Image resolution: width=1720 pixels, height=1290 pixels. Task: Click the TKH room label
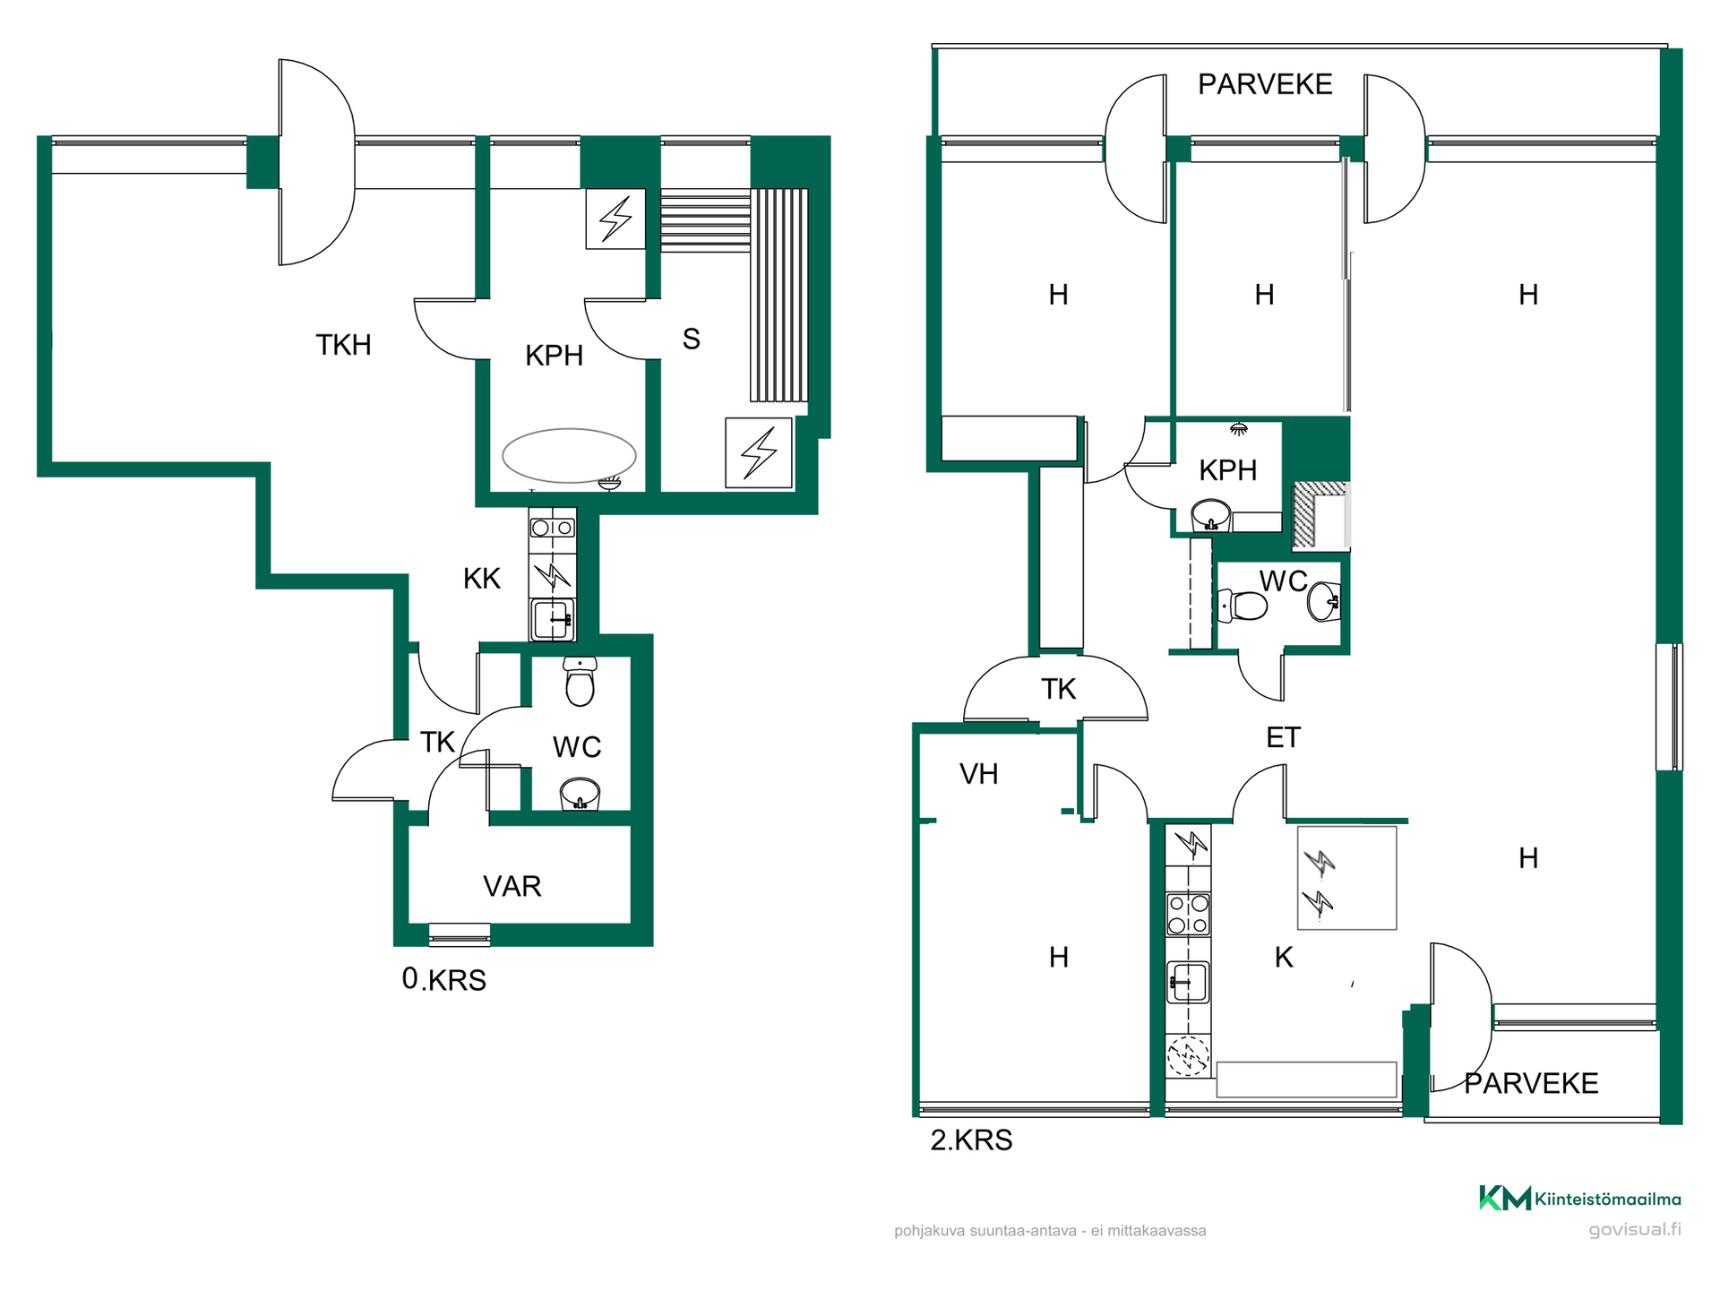click(343, 345)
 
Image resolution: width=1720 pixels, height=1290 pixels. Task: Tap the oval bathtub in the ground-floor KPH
click(569, 455)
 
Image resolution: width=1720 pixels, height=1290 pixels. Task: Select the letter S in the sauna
click(691, 339)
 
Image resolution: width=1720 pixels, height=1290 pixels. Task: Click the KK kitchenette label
click(482, 579)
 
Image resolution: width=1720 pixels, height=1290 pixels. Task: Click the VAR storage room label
click(512, 886)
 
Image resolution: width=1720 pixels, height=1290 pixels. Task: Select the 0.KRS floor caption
click(443, 979)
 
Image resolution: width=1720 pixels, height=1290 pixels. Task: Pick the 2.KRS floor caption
click(971, 1139)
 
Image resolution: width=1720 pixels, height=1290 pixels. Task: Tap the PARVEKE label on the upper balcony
click(1265, 84)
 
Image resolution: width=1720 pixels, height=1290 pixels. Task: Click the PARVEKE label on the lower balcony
click(1531, 1083)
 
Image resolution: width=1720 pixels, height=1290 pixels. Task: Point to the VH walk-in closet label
click(978, 774)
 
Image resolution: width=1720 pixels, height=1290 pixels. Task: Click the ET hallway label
click(1283, 737)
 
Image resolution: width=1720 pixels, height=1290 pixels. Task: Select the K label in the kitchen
click(1284, 957)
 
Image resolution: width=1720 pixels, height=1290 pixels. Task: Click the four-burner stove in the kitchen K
click(1188, 914)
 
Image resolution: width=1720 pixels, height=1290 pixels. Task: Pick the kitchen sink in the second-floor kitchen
click(1188, 982)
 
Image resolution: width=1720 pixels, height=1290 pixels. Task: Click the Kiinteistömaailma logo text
click(1607, 1199)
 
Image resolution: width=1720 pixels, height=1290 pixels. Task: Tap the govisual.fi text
click(1635, 1229)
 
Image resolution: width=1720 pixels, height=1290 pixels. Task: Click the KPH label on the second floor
click(1227, 470)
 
